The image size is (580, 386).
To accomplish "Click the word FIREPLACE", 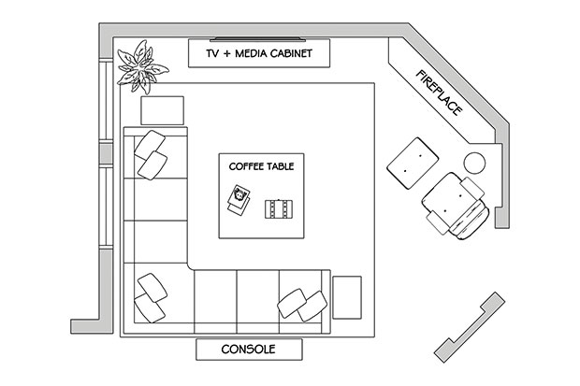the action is click(440, 93).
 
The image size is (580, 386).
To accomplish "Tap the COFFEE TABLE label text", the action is click(262, 166).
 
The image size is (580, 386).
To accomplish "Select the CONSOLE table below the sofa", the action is click(249, 350).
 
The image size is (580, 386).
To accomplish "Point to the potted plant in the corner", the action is click(141, 67).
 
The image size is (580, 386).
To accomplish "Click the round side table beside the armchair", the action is click(474, 163).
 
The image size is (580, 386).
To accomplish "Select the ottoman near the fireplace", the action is click(413, 163).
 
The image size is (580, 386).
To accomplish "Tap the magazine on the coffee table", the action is click(239, 200).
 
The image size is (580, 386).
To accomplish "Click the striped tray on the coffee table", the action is click(279, 209).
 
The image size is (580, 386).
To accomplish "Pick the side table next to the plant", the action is click(163, 110).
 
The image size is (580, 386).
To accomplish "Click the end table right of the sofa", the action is click(347, 297).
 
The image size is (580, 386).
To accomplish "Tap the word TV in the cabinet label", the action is click(212, 53).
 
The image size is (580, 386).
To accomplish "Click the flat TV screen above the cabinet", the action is click(258, 39).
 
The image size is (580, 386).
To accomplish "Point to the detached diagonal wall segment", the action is click(470, 327).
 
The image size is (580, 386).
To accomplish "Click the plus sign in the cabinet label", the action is click(227, 54).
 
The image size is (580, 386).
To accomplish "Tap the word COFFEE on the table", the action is click(242, 166).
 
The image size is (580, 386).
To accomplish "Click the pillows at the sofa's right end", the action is click(302, 306).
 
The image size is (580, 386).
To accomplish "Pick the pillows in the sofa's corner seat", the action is click(151, 298).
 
